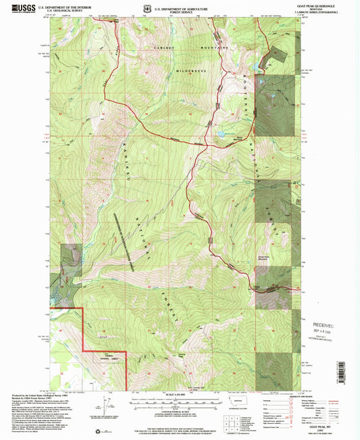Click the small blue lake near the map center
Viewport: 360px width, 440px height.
pyautogui.click(x=220, y=135)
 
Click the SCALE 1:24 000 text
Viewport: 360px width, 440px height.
pyautogui.click(x=180, y=395)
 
